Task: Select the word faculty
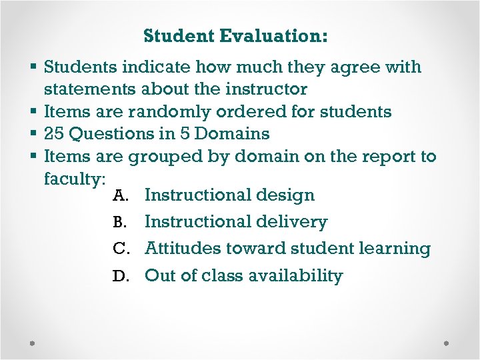pyautogui.click(x=73, y=179)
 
